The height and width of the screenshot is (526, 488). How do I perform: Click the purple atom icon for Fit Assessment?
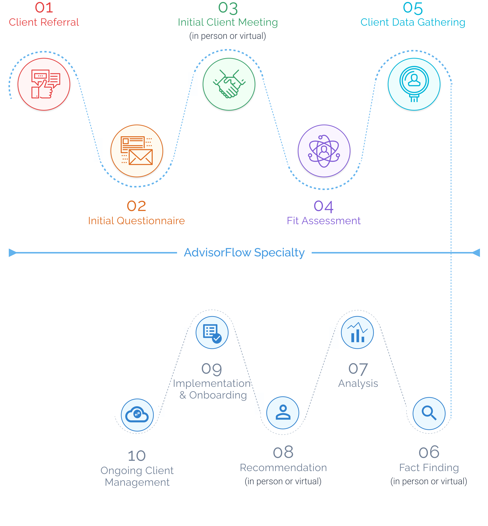[x=324, y=151]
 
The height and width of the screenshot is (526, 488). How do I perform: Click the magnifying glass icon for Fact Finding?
[x=429, y=413]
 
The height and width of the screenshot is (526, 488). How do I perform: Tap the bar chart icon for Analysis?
[x=357, y=332]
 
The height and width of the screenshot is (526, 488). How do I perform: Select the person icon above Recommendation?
[x=283, y=413]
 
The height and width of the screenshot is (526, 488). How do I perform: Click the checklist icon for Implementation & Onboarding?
[x=212, y=332]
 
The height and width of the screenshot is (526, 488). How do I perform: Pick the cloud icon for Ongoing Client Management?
[x=137, y=415]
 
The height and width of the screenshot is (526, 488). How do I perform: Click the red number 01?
[x=44, y=8]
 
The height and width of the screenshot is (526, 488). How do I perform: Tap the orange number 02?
[x=136, y=206]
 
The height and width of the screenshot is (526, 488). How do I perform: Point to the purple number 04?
[x=324, y=206]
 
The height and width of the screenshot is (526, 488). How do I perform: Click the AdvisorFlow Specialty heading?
[x=244, y=253]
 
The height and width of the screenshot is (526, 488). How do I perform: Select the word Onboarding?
[x=218, y=395]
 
